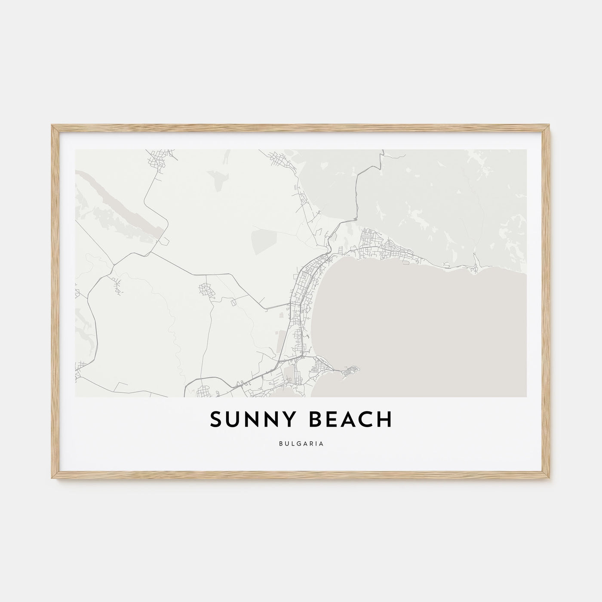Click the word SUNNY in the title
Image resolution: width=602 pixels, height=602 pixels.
pyautogui.click(x=251, y=421)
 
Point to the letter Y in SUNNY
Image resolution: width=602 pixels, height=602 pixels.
pyautogui.click(x=288, y=421)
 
